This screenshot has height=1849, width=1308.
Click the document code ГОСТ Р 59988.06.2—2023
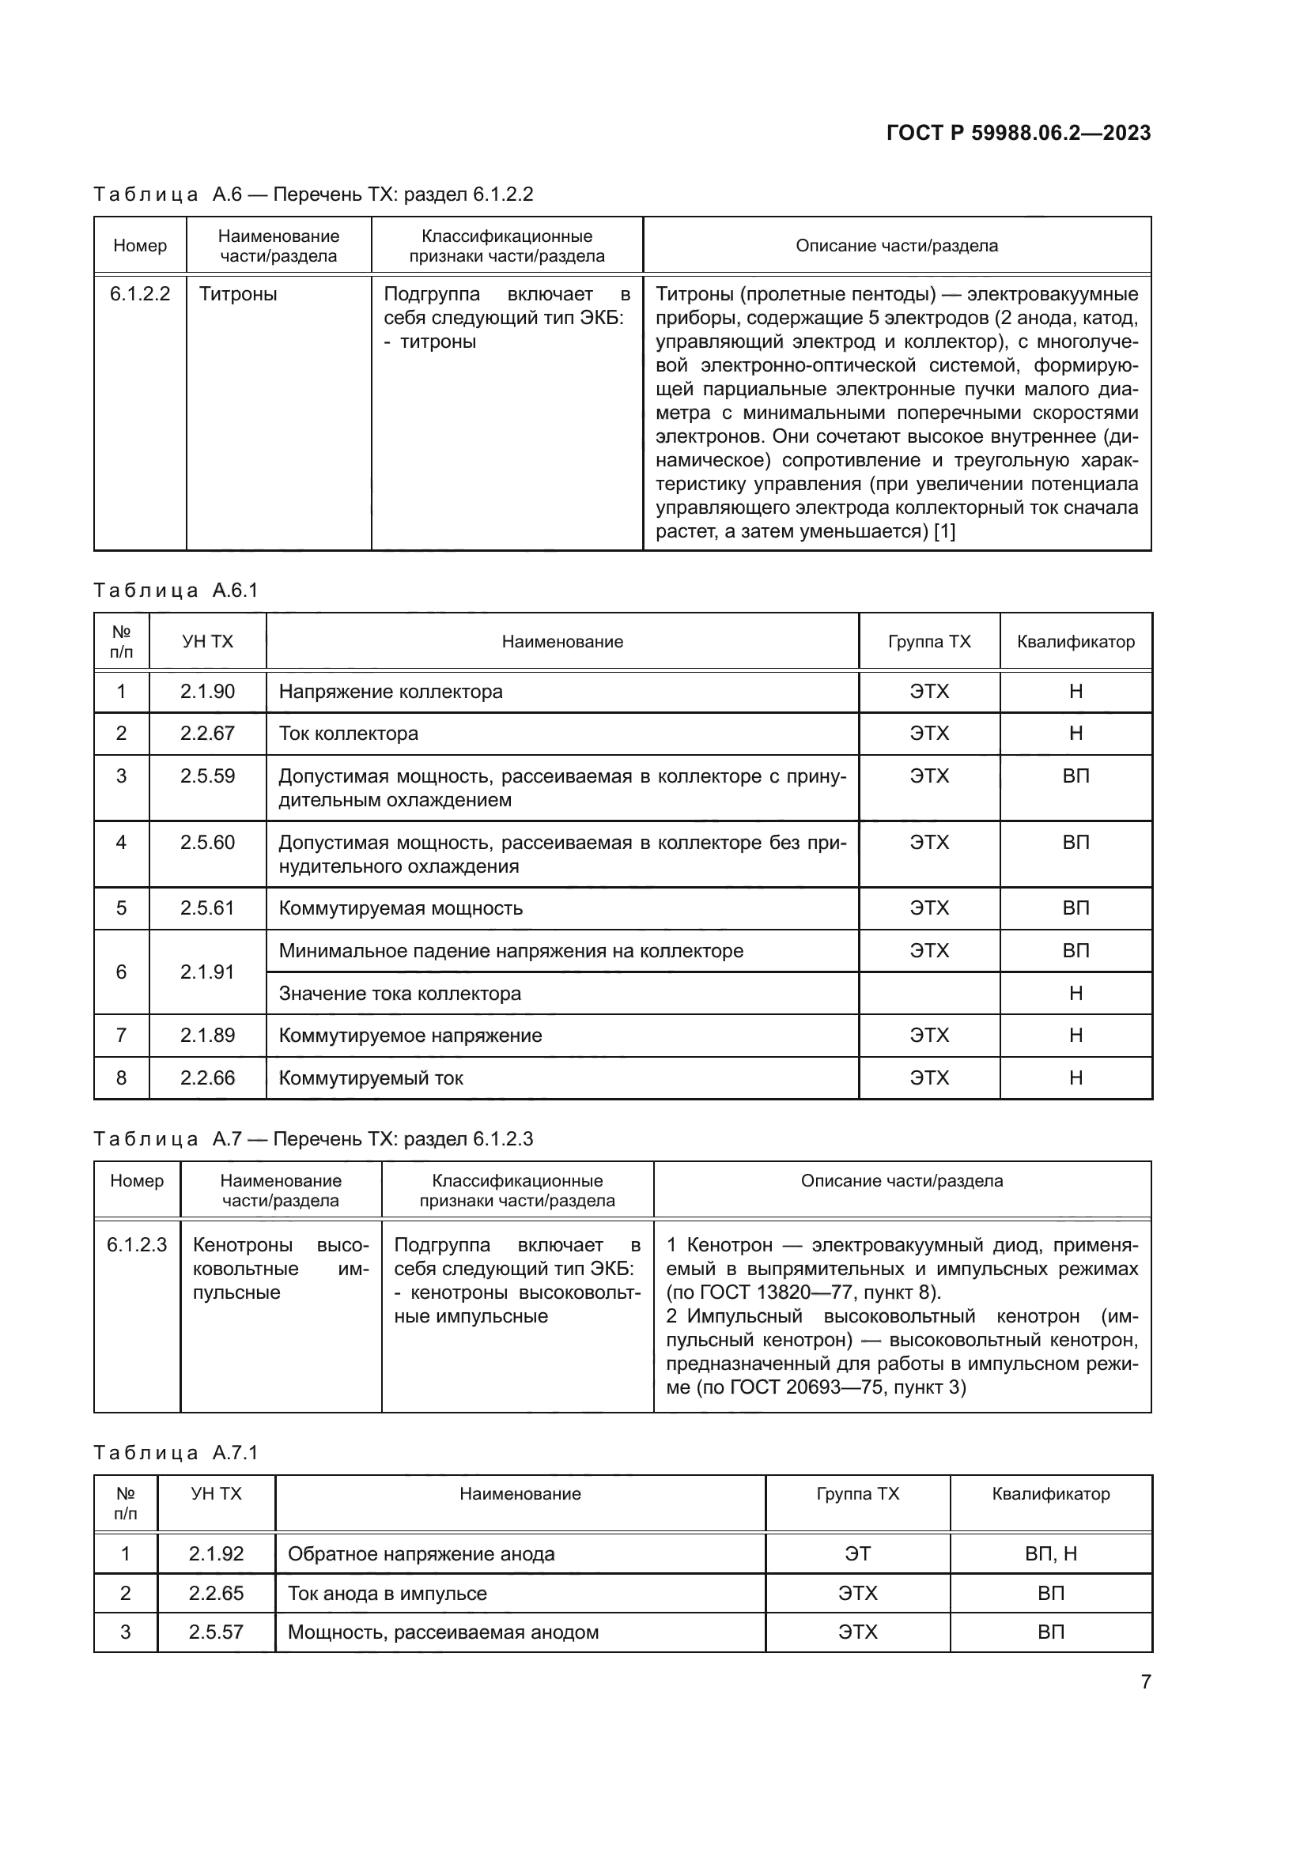tap(1018, 133)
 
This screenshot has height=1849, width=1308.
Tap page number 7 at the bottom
tap(1145, 1681)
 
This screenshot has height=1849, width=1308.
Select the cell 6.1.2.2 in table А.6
tap(140, 294)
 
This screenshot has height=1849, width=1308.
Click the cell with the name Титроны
tap(237, 295)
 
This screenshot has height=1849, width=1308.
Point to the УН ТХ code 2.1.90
tap(207, 692)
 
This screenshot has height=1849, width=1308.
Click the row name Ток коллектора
tap(349, 734)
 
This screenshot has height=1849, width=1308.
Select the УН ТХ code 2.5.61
tap(207, 908)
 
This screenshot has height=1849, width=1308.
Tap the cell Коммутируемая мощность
tap(400, 908)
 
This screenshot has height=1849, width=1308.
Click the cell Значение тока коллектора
tap(399, 994)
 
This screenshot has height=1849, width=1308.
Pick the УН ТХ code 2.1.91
tap(207, 972)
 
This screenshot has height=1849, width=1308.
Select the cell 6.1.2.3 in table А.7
tap(137, 1245)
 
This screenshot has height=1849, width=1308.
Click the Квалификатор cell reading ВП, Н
tap(1050, 1554)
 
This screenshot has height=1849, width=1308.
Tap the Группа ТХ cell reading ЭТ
tap(857, 1554)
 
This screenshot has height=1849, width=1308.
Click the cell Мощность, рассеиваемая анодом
tap(443, 1632)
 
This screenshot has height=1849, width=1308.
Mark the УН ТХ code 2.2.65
tap(216, 1594)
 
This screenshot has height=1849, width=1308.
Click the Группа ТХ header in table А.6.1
tap(928, 642)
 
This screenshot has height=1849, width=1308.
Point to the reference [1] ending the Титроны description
tap(944, 531)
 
